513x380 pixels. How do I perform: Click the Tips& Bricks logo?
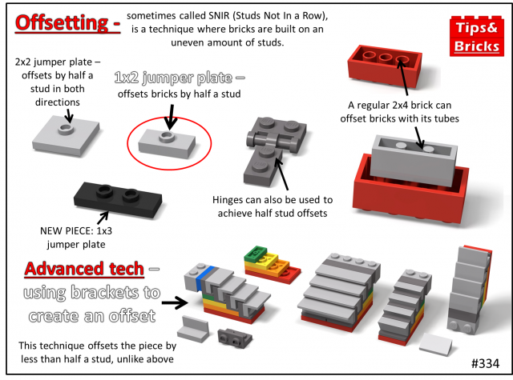click(477, 36)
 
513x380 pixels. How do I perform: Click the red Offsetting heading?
click(67, 23)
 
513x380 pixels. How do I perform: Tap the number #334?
click(485, 363)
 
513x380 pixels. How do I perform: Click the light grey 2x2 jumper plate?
click(66, 136)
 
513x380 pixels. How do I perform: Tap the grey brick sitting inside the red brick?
click(414, 160)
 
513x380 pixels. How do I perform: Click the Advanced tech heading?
click(84, 269)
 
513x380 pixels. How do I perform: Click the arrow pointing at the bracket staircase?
click(175, 302)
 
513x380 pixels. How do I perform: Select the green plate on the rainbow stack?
click(256, 253)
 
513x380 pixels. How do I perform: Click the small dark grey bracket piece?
click(235, 338)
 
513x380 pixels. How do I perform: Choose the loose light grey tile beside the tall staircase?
click(436, 345)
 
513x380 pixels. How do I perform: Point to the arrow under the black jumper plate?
click(103, 218)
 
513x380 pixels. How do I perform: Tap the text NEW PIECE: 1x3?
click(76, 231)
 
